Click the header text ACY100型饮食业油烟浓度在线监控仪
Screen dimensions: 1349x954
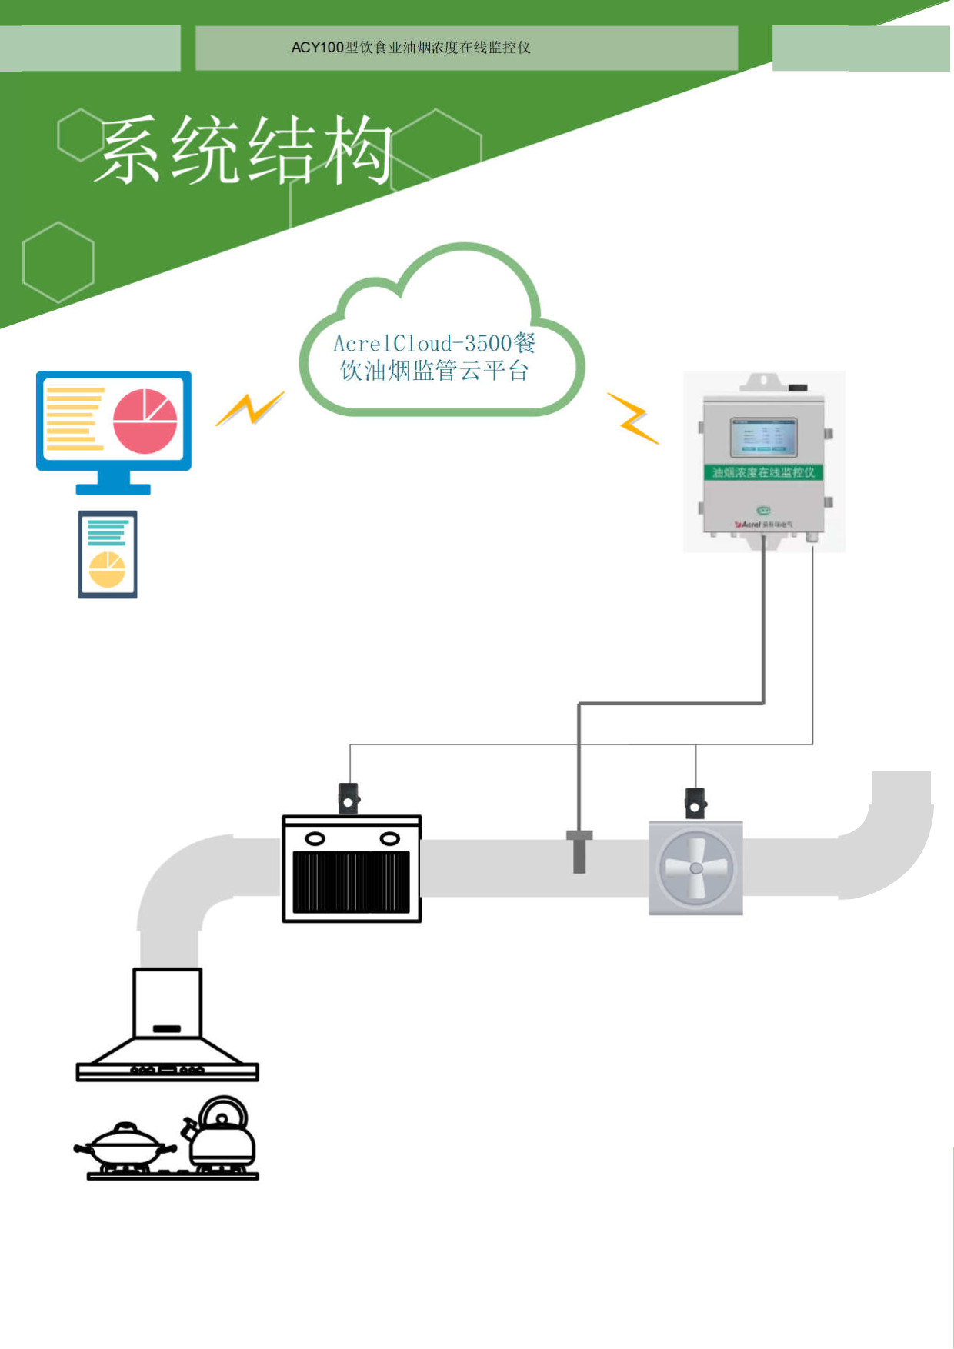[x=411, y=48]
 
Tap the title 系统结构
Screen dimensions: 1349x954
[x=245, y=150]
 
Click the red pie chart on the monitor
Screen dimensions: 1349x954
[x=145, y=421]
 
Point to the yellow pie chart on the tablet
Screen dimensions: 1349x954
[x=107, y=569]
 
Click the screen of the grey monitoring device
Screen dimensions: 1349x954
[x=763, y=438]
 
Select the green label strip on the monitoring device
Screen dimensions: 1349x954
[x=763, y=472]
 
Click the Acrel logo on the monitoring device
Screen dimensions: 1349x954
[x=750, y=524]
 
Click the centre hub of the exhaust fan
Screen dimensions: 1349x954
[x=696, y=868]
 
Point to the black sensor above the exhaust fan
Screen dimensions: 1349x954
[x=695, y=803]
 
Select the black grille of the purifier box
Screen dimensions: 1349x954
[x=352, y=881]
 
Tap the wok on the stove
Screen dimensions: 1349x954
[x=126, y=1146]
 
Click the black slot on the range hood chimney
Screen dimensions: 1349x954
[x=167, y=1028]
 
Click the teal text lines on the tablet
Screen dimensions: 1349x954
[x=107, y=532]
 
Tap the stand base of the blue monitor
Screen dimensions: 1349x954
[x=113, y=488]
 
